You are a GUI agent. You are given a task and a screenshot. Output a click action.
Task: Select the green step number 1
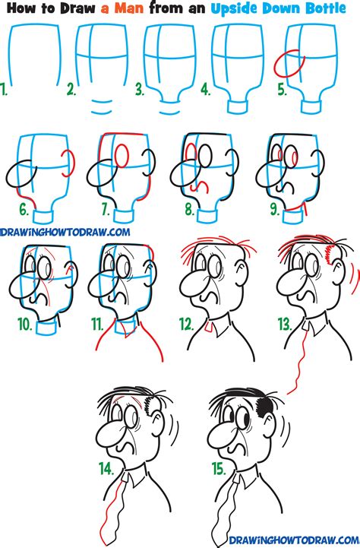click(5, 92)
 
